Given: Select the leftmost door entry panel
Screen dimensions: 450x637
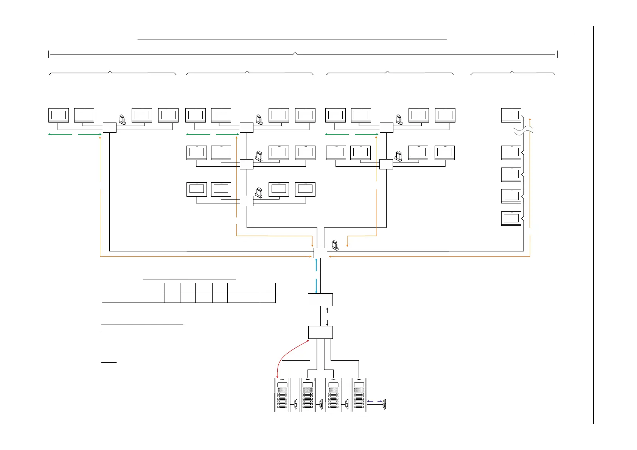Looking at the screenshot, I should point(282,395).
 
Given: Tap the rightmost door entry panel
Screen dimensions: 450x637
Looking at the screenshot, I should point(359,395).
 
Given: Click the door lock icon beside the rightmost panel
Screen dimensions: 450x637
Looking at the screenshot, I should point(384,404).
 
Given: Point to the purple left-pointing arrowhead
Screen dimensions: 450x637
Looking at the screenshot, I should point(369,401).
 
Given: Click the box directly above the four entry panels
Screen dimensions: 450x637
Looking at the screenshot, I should point(320,332).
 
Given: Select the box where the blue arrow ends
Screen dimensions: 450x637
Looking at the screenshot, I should point(320,300).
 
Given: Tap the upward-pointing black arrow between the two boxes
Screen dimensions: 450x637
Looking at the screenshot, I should point(327,310).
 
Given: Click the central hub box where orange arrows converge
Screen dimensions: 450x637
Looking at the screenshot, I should point(320,253).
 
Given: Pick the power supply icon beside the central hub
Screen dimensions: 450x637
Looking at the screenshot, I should point(335,245).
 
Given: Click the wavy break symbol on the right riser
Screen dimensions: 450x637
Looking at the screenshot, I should point(524,130).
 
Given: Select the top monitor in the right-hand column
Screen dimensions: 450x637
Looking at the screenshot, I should point(511,115).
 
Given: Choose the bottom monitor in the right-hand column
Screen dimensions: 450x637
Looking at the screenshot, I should point(511,218).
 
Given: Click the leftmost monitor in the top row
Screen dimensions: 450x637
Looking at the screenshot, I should point(59,115).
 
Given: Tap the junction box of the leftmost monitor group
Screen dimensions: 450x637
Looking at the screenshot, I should point(110,127).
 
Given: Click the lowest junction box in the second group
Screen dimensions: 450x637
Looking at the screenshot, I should point(247,201).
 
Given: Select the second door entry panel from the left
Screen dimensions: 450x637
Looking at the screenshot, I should point(308,395).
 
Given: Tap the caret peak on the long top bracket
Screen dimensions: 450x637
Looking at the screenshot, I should point(295,53).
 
